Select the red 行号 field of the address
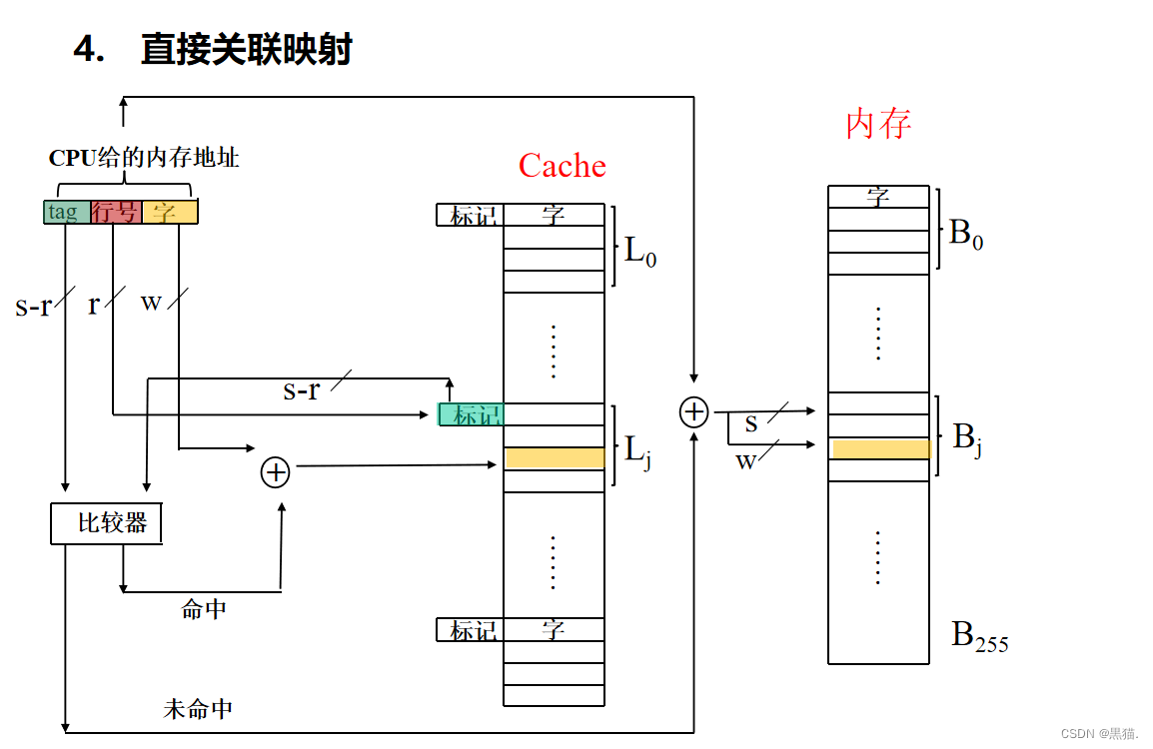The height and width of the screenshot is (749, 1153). [115, 212]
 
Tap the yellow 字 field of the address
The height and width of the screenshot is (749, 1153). [169, 212]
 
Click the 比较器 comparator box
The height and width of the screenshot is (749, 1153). [106, 523]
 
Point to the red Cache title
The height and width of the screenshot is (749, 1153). [562, 166]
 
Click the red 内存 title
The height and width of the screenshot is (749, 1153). [878, 124]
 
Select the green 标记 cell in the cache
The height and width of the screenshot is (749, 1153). [471, 414]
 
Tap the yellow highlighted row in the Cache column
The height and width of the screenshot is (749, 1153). [555, 458]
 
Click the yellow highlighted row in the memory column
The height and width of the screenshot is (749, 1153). [880, 449]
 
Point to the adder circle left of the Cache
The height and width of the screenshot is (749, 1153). [275, 472]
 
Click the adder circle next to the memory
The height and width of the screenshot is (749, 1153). [693, 411]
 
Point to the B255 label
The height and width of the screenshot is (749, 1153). [979, 636]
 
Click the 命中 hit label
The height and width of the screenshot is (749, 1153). [204, 609]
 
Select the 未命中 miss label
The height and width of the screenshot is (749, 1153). [198, 709]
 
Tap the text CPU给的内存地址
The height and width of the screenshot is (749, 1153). [144, 158]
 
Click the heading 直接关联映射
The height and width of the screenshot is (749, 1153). [246, 49]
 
